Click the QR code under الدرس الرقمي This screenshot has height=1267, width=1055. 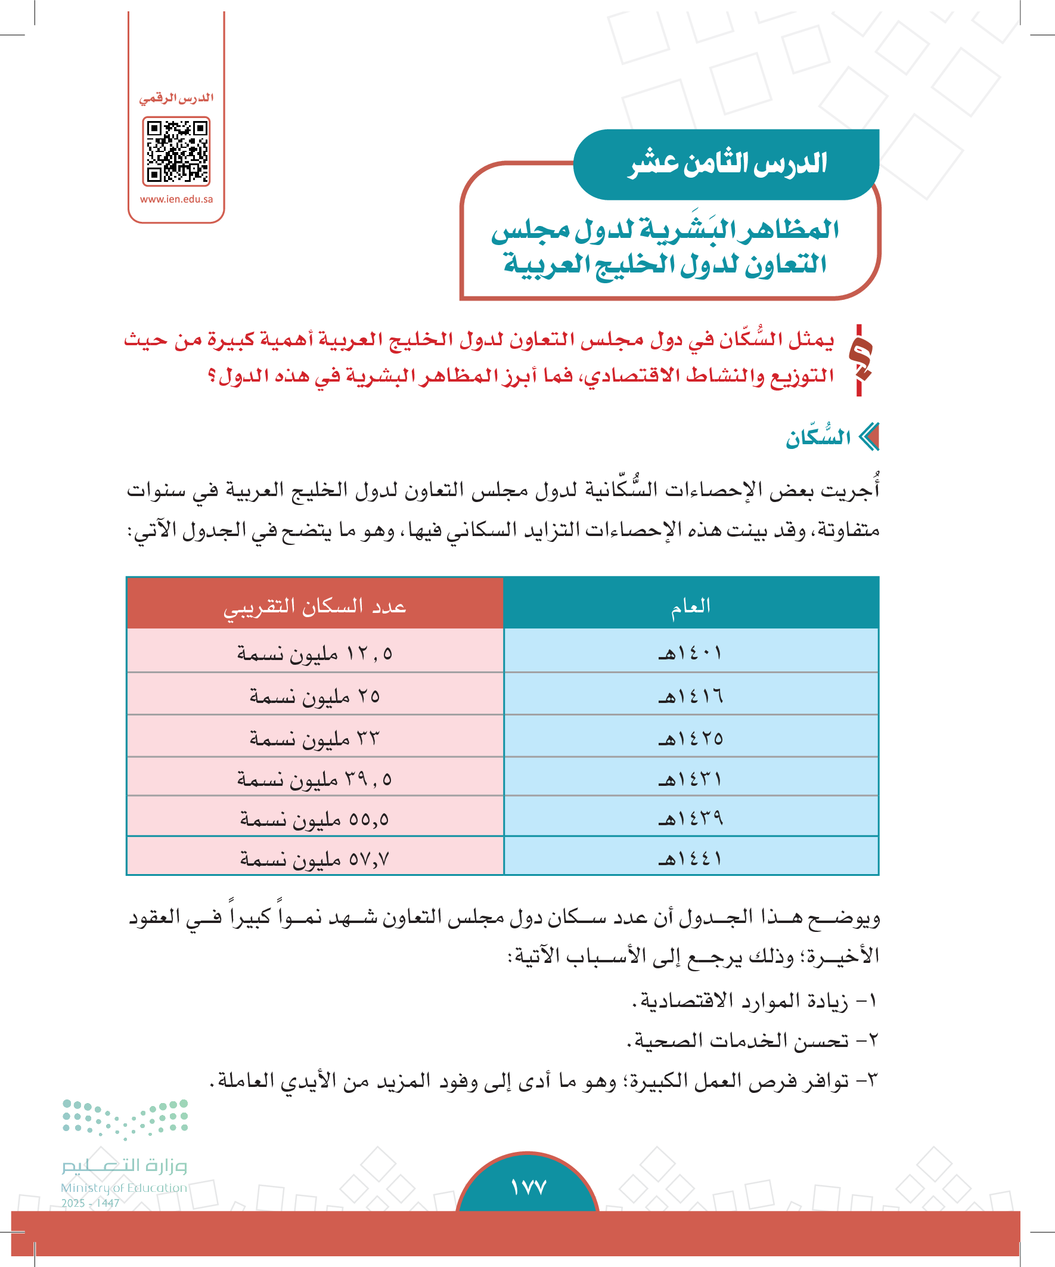pyautogui.click(x=176, y=151)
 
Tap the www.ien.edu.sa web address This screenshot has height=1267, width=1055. pyautogui.click(x=176, y=199)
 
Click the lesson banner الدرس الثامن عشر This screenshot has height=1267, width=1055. pyautogui.click(x=727, y=164)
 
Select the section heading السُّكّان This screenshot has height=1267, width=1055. pyautogui.click(x=817, y=438)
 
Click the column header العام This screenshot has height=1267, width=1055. pyautogui.click(x=691, y=605)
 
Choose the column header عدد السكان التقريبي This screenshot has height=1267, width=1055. pyautogui.click(x=315, y=605)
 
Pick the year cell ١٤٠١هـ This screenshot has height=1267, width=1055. pyautogui.click(x=691, y=653)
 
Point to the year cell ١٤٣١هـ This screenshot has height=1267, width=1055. pyautogui.click(x=691, y=778)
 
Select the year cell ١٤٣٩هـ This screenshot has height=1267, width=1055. pyautogui.click(x=691, y=818)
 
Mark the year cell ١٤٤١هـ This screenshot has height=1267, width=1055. pyautogui.click(x=691, y=857)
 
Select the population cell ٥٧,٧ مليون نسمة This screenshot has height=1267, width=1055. pyautogui.click(x=315, y=858)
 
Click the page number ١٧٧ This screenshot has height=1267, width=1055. pyautogui.click(x=528, y=1187)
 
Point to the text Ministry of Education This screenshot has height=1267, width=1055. pyautogui.click(x=123, y=1187)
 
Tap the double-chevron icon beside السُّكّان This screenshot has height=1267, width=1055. pyautogui.click(x=869, y=437)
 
